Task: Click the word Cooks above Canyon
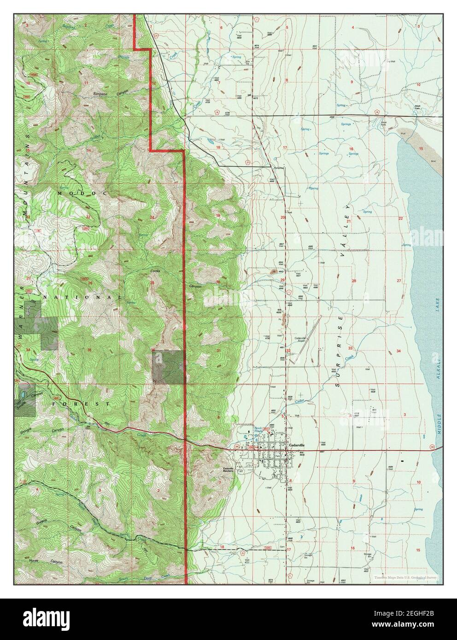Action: tap(155, 271)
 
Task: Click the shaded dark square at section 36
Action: tap(169, 367)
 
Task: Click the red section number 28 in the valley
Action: tap(354, 280)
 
